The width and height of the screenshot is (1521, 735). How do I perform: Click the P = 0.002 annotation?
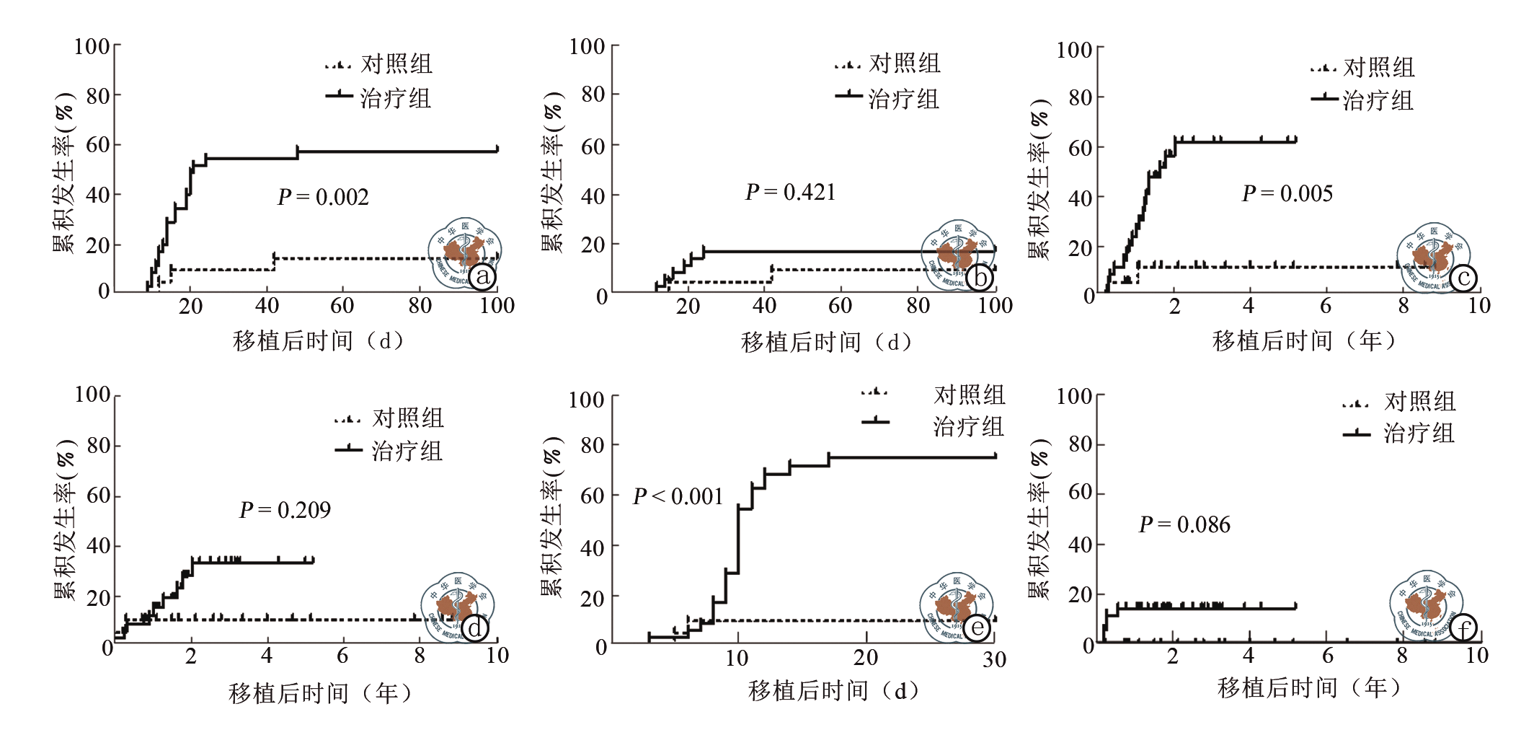pyautogui.click(x=323, y=197)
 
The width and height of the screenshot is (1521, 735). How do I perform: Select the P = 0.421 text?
pyautogui.click(x=790, y=192)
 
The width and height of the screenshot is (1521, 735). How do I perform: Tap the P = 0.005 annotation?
pyautogui.click(x=1287, y=193)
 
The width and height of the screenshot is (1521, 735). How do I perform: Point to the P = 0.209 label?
pyautogui.click(x=285, y=510)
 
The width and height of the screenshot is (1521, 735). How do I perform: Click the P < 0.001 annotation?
pyautogui.click(x=678, y=496)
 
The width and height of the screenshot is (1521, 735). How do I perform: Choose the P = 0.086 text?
pyautogui.click(x=1184, y=524)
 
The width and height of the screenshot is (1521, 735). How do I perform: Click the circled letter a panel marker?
pyautogui.click(x=482, y=276)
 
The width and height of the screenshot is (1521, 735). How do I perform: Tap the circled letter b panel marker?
pyautogui.click(x=980, y=277)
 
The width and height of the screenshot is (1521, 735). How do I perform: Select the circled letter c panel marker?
pyautogui.click(x=1463, y=278)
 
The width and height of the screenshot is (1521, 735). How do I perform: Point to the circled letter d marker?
pyautogui.click(x=475, y=628)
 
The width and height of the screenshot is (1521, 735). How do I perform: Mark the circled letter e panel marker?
pyautogui.click(x=977, y=628)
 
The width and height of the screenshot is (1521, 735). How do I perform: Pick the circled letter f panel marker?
pyautogui.click(x=1463, y=629)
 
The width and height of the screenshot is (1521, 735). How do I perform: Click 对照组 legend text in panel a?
pyautogui.click(x=396, y=63)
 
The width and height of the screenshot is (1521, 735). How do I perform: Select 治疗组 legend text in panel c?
pyautogui.click(x=1378, y=100)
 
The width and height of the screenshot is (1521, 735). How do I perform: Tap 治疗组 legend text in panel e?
pyautogui.click(x=969, y=426)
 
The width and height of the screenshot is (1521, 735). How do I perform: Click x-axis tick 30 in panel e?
pyautogui.click(x=994, y=659)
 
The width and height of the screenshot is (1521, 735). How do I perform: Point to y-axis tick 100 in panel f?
pyautogui.click(x=1074, y=396)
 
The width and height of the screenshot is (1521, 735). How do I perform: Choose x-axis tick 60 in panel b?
pyautogui.click(x=840, y=306)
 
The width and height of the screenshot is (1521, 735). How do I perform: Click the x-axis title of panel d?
pyautogui.click(x=320, y=693)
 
